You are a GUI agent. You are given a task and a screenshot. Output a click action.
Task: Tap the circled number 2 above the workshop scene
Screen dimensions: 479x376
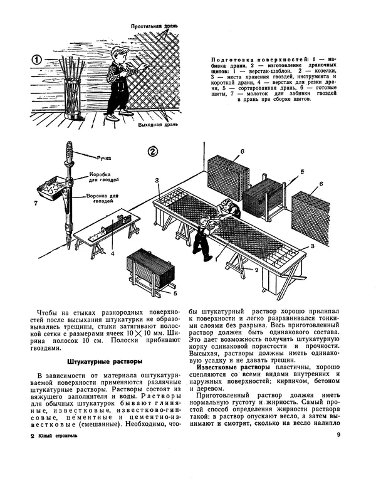[x=152, y=151]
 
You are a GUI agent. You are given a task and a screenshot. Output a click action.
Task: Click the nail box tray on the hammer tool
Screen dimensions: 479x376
[x=55, y=186]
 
